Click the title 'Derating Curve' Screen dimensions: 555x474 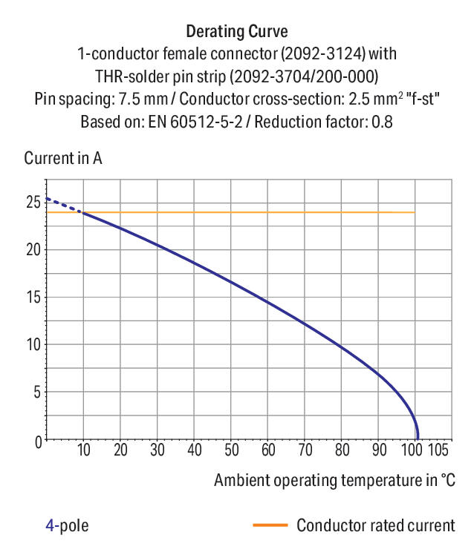(x=236, y=32)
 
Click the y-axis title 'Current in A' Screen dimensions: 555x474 (x=63, y=158)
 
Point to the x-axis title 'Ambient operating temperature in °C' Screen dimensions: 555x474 (x=334, y=480)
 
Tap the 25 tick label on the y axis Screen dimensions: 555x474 (x=32, y=202)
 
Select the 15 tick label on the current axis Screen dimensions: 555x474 (x=32, y=298)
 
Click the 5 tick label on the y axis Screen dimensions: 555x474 (x=36, y=393)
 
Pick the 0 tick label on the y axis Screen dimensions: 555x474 (x=36, y=441)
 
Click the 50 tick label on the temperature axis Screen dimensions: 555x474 (x=231, y=450)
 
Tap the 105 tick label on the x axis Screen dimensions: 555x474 (x=438, y=450)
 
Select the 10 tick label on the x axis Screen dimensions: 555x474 (x=84, y=450)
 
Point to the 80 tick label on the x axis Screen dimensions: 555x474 (x=342, y=450)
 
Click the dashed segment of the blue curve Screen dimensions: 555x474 (x=63, y=206)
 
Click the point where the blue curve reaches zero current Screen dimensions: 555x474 (x=418, y=439)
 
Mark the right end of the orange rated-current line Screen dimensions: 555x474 (x=414, y=212)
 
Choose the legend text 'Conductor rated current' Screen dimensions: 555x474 (x=375, y=525)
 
